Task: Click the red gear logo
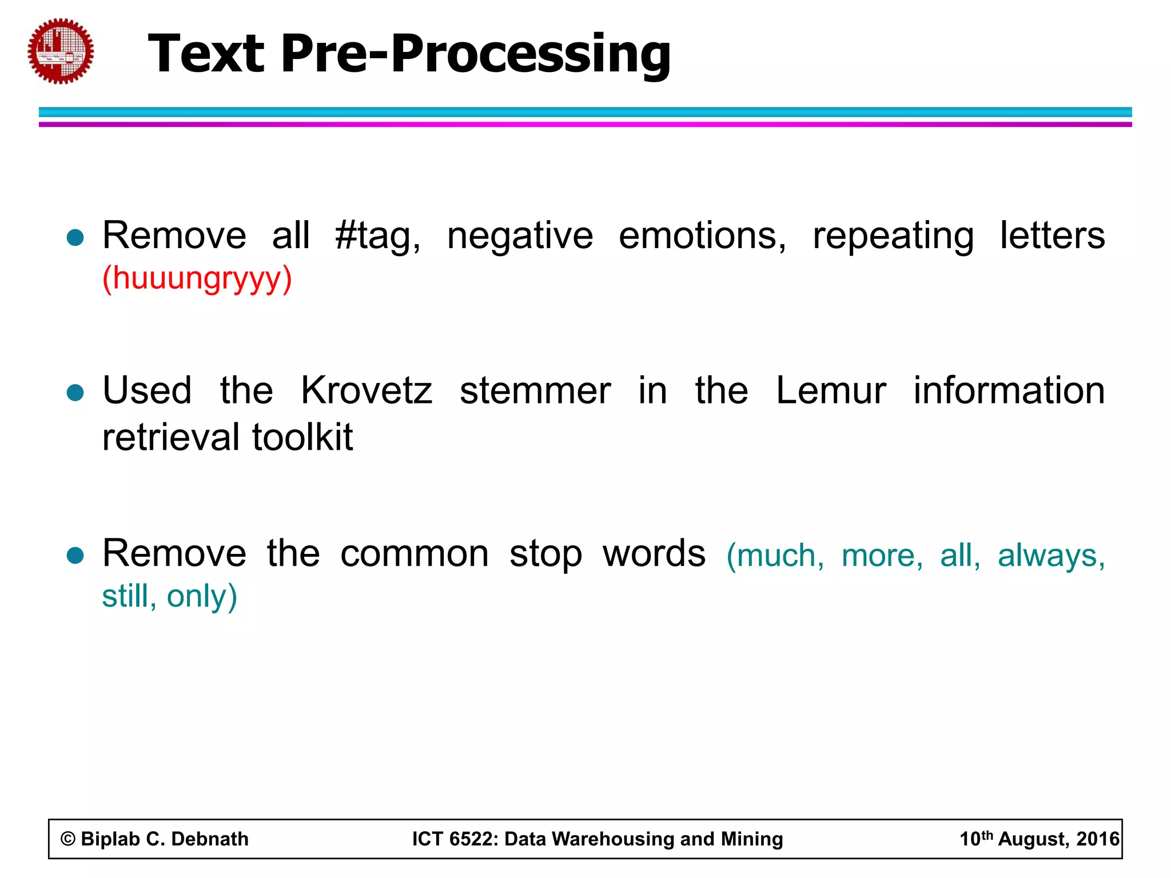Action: point(61,51)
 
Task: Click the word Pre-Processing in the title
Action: point(475,54)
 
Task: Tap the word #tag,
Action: point(378,236)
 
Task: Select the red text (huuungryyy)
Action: point(197,279)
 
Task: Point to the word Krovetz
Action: point(367,391)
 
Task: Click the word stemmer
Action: point(535,391)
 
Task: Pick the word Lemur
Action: point(830,391)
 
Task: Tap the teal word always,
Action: point(1051,556)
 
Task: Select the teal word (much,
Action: point(775,556)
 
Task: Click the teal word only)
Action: point(202,596)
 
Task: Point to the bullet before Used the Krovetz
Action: point(75,393)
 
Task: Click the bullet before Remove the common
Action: point(75,555)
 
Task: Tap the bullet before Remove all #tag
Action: point(75,237)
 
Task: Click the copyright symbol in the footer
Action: point(68,839)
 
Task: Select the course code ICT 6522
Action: point(455,839)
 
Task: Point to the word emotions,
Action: point(703,236)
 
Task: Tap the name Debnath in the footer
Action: point(210,839)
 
